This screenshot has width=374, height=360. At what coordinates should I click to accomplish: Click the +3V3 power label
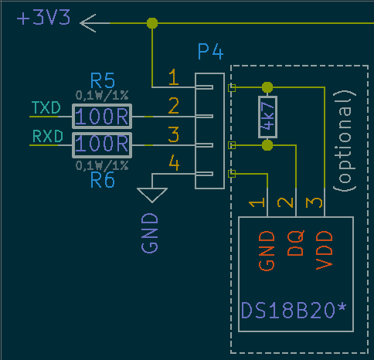coord(43,18)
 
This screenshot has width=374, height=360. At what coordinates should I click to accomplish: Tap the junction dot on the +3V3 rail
coord(152,23)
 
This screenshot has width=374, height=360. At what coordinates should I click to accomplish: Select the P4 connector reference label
coord(210,52)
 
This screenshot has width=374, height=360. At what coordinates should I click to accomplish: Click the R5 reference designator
coord(102,80)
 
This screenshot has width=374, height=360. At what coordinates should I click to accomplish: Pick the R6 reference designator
coord(102,180)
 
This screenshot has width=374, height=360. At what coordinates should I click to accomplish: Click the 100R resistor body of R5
coord(102,117)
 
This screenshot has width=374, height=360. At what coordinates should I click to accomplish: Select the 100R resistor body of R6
coord(102,145)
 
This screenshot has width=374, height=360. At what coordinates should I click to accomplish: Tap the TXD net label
coord(46,107)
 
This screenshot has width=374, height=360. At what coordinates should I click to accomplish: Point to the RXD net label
coord(48,136)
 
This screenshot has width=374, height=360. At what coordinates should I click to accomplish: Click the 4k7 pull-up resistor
coord(267,117)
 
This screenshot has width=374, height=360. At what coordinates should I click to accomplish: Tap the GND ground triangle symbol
coord(152,195)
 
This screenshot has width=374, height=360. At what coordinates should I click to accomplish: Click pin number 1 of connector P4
coord(174,77)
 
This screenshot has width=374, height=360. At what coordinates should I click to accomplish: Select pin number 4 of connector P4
coord(174,163)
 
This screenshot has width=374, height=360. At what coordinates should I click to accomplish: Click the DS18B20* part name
coord(294,311)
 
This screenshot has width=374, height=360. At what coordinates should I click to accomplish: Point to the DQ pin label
coord(296,243)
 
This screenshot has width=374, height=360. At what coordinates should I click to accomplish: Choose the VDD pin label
coord(325,250)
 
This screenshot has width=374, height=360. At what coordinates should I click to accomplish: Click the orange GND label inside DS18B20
coord(267,251)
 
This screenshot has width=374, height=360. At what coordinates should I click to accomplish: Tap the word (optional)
coord(345,141)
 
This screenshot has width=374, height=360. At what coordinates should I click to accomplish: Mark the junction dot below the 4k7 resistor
coord(267,145)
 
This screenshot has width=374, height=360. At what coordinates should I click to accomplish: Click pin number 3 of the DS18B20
coord(314,202)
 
